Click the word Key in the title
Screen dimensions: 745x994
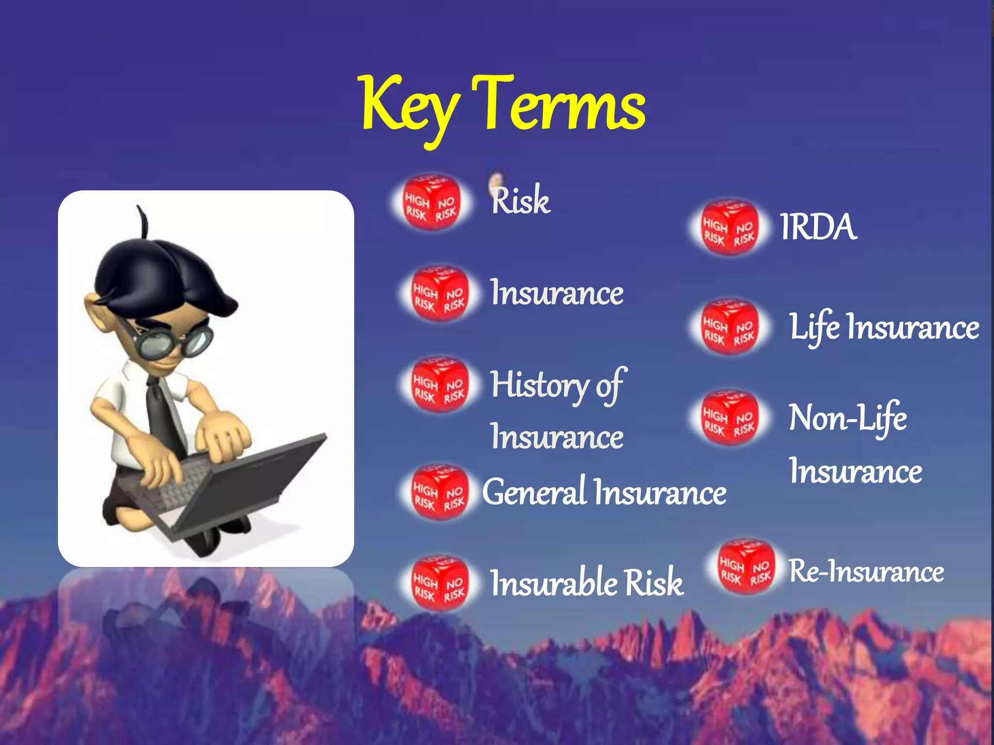(410, 107)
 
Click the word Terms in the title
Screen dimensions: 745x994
(558, 104)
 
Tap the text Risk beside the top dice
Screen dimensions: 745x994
(520, 200)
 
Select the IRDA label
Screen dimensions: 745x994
(818, 227)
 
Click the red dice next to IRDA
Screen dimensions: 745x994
(729, 227)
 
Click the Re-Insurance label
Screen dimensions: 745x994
(866, 571)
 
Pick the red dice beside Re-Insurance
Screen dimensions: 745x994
(745, 567)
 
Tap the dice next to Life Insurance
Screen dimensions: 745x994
(729, 326)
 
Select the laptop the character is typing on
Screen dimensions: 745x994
(233, 490)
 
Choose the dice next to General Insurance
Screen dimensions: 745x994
(439, 492)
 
